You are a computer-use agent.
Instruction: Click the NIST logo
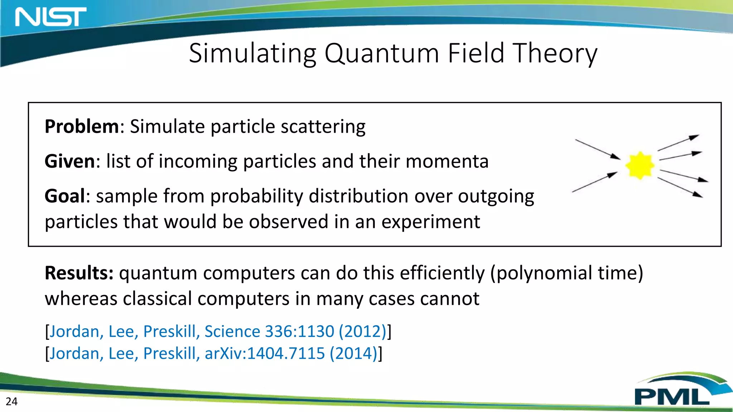(x=50, y=17)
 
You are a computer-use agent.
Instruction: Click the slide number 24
(x=11, y=401)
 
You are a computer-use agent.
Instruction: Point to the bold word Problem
(x=82, y=127)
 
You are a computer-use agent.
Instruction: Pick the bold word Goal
(x=65, y=196)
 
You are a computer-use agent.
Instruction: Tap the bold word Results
(x=79, y=273)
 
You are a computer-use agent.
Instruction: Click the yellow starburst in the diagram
(x=640, y=165)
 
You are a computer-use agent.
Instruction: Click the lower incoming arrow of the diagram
(x=594, y=182)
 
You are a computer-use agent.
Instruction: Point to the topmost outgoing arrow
(x=678, y=143)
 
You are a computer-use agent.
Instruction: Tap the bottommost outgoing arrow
(x=680, y=187)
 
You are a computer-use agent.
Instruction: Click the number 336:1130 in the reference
(x=299, y=331)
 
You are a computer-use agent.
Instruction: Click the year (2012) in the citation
(x=362, y=331)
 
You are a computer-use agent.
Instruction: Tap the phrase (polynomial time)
(x=566, y=273)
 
